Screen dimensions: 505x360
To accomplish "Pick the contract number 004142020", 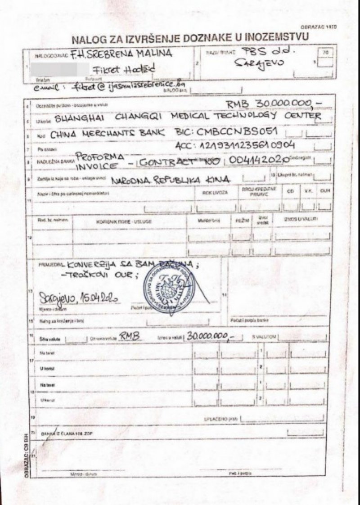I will [x=259, y=161].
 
